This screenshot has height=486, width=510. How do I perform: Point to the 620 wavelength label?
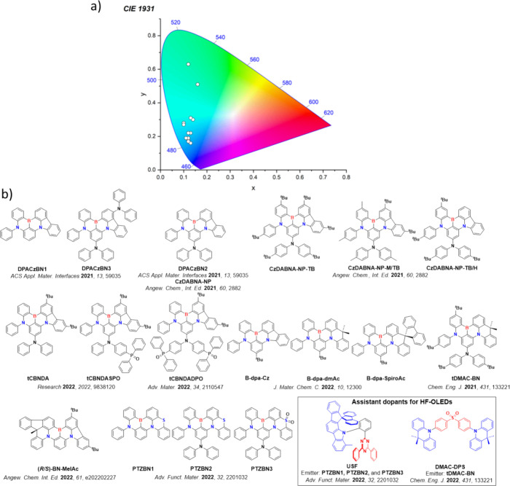tap(328, 113)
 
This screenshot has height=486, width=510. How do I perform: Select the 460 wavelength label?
tap(187, 166)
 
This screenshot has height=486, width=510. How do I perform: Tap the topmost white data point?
tap(188, 65)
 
